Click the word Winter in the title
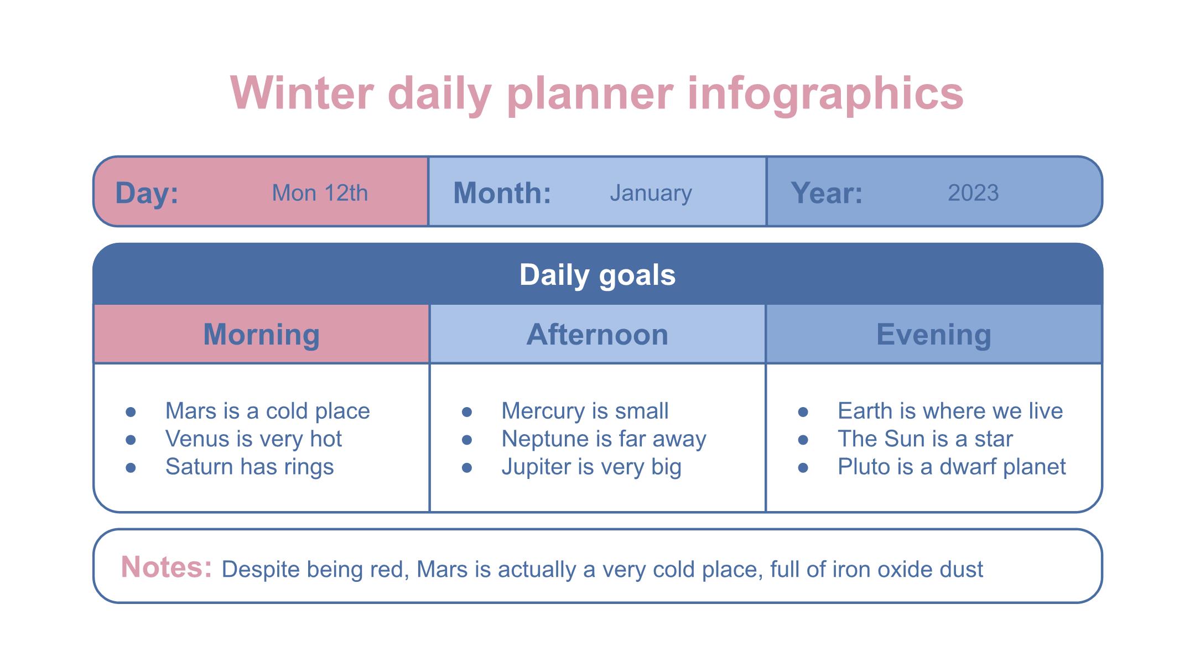(x=302, y=93)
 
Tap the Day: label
(x=147, y=193)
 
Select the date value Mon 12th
(x=320, y=193)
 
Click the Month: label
(x=502, y=193)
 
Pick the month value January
(x=651, y=194)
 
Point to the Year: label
(x=827, y=193)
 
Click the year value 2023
(x=973, y=193)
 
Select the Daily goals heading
(x=597, y=275)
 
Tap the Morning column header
(x=261, y=335)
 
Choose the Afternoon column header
(x=597, y=335)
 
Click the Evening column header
(x=934, y=335)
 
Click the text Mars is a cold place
(x=268, y=411)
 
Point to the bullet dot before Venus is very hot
(x=131, y=440)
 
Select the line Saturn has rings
(x=250, y=467)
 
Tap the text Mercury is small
(x=585, y=411)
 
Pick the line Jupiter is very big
(x=591, y=467)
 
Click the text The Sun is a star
(x=925, y=439)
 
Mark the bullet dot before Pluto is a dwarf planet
(x=803, y=468)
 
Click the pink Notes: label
(x=167, y=567)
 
